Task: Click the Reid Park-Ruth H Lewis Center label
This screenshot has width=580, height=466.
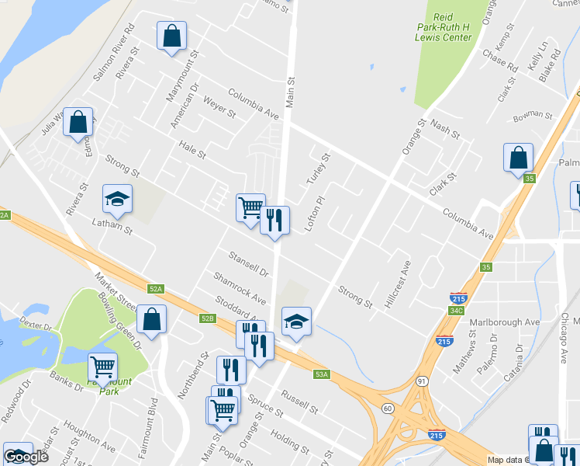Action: pos(443,26)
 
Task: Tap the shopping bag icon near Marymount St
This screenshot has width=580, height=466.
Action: pos(171,36)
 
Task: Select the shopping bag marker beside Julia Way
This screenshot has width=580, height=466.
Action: pos(78,122)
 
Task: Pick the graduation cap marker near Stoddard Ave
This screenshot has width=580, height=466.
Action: pos(295,321)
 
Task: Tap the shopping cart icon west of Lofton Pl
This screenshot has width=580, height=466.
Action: pos(250,207)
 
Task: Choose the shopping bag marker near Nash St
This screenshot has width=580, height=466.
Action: pos(518,158)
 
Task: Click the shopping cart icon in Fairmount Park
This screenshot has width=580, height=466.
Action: pos(103,366)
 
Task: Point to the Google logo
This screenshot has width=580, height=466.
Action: pos(26,456)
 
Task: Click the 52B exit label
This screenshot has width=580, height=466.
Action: pos(207,318)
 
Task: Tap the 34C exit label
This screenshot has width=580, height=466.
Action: pos(457,311)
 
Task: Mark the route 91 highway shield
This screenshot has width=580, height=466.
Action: pos(422,381)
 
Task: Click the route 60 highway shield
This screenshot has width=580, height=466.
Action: pos(387,407)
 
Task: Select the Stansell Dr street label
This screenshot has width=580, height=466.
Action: pos(248,264)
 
